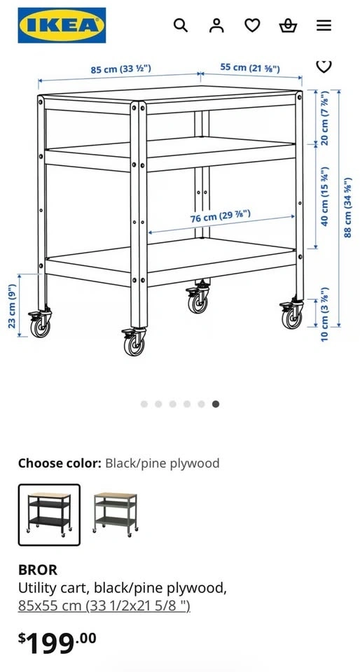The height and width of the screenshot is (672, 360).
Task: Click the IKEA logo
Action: (62, 25)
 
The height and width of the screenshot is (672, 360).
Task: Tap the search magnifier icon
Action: (181, 25)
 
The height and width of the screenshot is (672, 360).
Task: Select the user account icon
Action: (216, 25)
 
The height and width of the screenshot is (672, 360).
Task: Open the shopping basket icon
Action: (288, 26)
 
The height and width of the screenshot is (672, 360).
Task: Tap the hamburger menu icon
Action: (324, 26)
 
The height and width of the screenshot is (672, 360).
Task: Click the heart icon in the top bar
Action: (252, 26)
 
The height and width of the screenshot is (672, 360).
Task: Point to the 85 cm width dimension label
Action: (121, 69)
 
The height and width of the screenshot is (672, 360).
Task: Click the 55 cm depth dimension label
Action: (250, 68)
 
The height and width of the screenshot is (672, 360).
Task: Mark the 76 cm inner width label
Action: (221, 216)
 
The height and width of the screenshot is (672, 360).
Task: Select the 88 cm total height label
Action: (348, 207)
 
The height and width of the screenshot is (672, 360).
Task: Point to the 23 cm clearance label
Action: (12, 307)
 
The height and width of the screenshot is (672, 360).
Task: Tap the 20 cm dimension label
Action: (324, 118)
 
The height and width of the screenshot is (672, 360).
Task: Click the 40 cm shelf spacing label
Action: (324, 197)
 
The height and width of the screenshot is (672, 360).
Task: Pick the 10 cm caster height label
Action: (324, 314)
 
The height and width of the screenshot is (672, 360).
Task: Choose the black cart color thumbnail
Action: (49, 514)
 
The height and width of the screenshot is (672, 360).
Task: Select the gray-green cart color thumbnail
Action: (116, 513)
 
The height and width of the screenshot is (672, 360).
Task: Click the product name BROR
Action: (38, 570)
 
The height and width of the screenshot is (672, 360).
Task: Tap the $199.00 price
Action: (57, 643)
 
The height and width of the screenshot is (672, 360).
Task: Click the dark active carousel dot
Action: (216, 404)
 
